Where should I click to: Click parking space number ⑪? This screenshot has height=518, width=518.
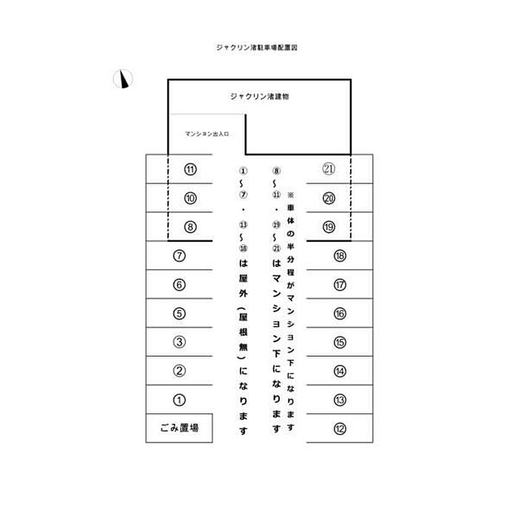(x=190, y=169)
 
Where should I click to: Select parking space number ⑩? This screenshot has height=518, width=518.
(x=190, y=198)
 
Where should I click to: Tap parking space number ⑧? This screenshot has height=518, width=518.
(x=190, y=226)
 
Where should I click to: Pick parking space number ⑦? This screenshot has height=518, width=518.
(x=179, y=256)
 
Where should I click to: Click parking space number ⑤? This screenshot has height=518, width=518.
(x=179, y=313)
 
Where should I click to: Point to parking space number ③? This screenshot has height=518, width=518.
(x=179, y=342)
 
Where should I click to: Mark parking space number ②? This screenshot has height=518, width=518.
(x=179, y=371)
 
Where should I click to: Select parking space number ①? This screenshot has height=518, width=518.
(x=179, y=400)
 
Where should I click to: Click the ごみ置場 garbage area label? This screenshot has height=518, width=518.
(x=179, y=428)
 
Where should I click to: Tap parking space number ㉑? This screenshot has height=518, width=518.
(x=329, y=169)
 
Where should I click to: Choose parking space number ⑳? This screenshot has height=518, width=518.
(x=329, y=198)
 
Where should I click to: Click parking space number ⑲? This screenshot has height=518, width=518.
(x=329, y=226)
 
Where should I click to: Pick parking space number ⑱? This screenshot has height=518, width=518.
(x=340, y=256)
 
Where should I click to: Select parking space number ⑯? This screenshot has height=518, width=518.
(x=340, y=313)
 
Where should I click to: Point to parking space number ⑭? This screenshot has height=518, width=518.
(x=340, y=371)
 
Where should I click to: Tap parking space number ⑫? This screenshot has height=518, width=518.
(x=340, y=428)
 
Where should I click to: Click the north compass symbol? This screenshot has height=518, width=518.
(x=123, y=78)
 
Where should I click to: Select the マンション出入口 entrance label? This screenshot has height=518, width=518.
(x=208, y=135)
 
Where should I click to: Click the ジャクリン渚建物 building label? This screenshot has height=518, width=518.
(x=259, y=96)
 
